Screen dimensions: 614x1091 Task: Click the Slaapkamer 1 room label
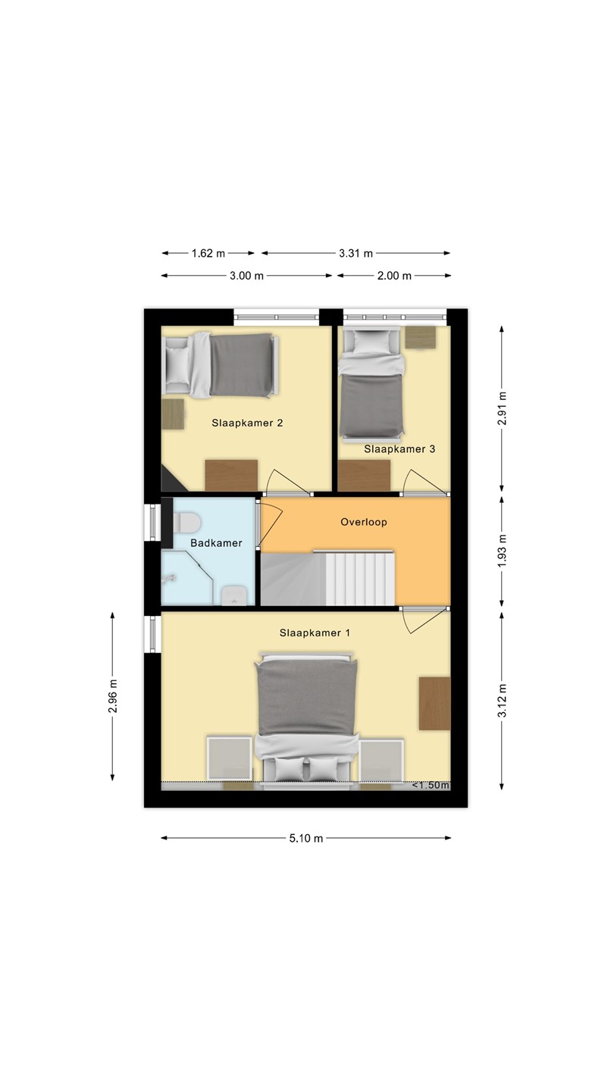tap(315, 633)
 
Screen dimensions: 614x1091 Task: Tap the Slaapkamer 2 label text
tap(247, 423)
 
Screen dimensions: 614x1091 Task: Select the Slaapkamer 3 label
tap(399, 449)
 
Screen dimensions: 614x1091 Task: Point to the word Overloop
tap(364, 522)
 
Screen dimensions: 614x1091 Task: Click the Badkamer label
tap(216, 543)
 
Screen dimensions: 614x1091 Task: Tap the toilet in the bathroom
tap(187, 523)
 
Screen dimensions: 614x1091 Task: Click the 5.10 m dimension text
tap(306, 838)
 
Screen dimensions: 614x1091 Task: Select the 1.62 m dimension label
tap(208, 253)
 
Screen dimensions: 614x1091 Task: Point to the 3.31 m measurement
tap(356, 253)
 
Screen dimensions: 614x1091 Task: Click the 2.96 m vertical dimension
tap(112, 696)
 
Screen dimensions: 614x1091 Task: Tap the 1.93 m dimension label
tap(503, 550)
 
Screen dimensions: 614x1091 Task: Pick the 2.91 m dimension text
tap(503, 408)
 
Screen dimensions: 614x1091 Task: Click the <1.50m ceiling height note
tap(431, 785)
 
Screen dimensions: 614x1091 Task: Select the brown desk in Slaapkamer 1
tap(434, 703)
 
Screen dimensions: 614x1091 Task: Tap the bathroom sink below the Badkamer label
tap(235, 596)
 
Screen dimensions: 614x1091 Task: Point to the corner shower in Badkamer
tap(188, 577)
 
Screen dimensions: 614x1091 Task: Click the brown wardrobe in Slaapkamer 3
tap(365, 475)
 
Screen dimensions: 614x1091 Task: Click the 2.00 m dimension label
tap(394, 276)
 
